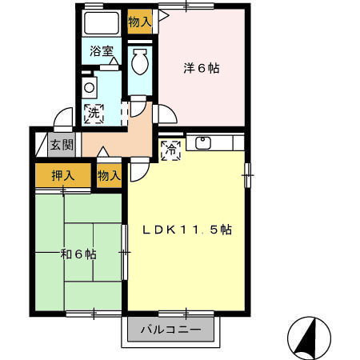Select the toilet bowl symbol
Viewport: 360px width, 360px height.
click(x=138, y=63)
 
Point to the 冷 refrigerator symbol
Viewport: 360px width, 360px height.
click(x=170, y=148)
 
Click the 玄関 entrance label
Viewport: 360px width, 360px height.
click(x=60, y=145)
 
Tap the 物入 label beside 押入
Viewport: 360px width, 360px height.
click(x=109, y=175)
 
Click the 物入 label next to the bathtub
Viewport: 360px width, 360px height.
click(x=140, y=22)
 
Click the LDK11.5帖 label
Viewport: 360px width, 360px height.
click(x=187, y=230)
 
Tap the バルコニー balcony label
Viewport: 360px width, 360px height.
click(x=169, y=328)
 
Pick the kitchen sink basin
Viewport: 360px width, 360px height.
click(x=203, y=143)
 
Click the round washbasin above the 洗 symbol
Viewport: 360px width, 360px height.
click(x=90, y=87)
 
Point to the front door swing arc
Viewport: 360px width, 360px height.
click(x=61, y=120)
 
